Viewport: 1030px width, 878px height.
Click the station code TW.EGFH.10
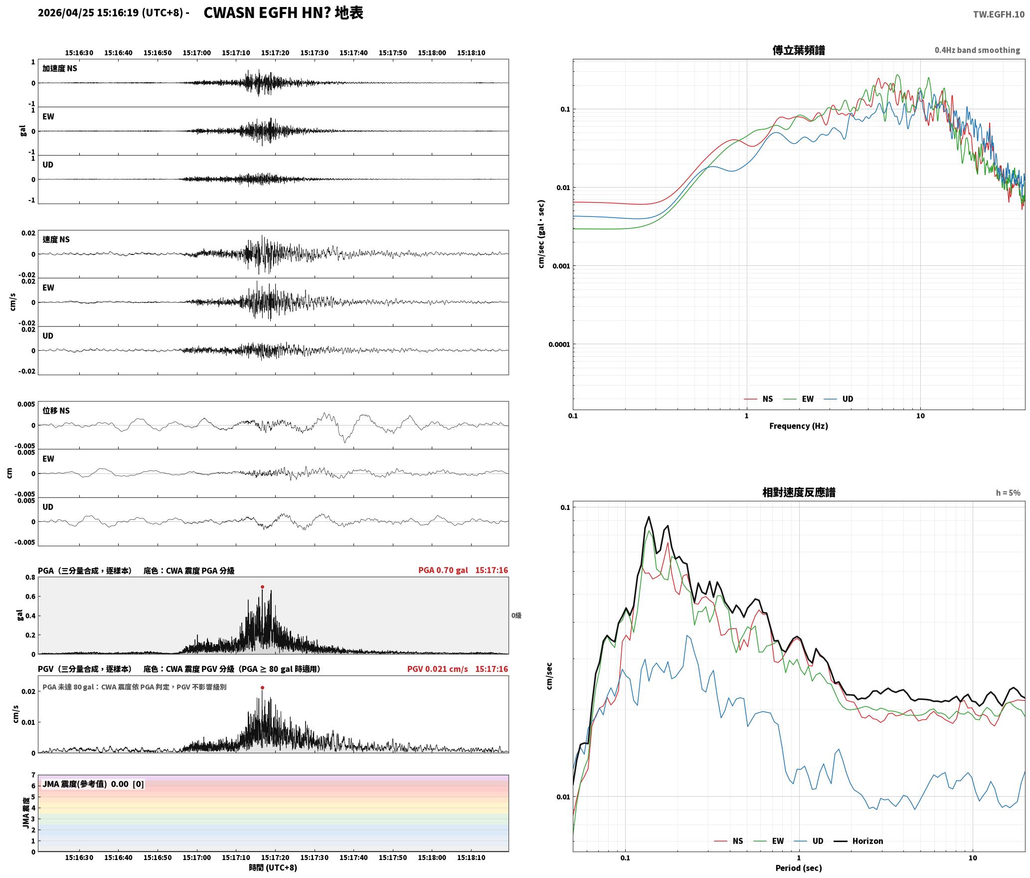(x=999, y=14)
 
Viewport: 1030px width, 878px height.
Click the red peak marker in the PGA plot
(x=262, y=587)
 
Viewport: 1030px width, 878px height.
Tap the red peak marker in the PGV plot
(x=262, y=687)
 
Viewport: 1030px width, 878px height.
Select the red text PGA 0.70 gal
(x=443, y=570)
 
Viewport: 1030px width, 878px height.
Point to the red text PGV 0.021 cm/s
(x=437, y=669)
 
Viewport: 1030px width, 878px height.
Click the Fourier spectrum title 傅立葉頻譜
(x=798, y=50)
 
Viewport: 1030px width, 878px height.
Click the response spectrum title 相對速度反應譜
(x=798, y=492)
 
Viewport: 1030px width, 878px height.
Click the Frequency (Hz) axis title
(x=798, y=426)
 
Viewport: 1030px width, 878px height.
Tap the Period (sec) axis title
(x=798, y=868)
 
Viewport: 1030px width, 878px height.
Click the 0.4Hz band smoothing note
(x=977, y=50)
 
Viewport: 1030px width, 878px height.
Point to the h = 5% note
(x=1008, y=492)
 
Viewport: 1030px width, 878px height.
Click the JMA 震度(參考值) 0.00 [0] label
(x=93, y=784)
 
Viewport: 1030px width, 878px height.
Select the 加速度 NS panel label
(x=60, y=68)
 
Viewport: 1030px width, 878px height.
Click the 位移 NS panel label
(x=56, y=411)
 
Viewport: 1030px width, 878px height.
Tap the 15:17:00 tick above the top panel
(x=196, y=52)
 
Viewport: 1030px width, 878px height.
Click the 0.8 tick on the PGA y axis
(x=30, y=577)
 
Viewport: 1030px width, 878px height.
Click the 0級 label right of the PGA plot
(x=516, y=616)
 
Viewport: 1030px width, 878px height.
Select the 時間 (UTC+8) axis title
(x=273, y=868)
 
